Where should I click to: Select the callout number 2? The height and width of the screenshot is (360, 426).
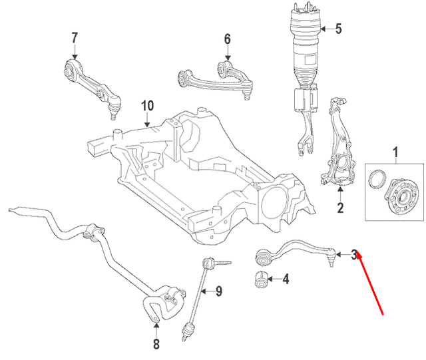tap(340, 209)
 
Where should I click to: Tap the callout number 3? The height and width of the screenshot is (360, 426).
tap(354, 254)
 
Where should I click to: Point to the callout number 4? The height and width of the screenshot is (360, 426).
tap(285, 279)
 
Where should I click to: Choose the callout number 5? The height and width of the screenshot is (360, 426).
tap(337, 29)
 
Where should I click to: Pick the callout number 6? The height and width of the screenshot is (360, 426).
tap(227, 39)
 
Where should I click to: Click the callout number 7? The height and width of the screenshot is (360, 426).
tap(75, 37)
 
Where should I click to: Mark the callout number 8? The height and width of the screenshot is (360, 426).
tap(156, 343)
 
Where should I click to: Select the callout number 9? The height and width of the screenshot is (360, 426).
tap(218, 290)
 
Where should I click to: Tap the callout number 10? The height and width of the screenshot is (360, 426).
tap(147, 105)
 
